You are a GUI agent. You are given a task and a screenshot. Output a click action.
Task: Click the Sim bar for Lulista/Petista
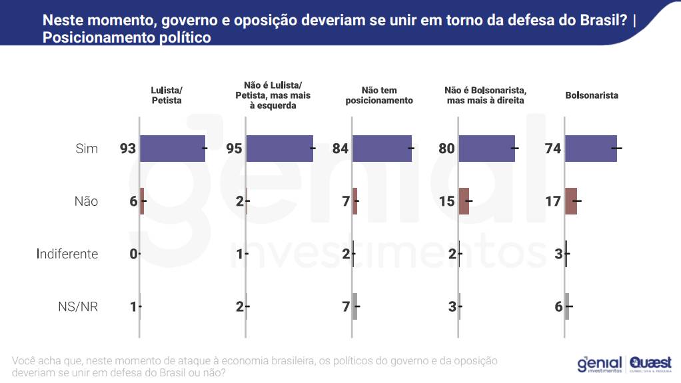tap(173, 148)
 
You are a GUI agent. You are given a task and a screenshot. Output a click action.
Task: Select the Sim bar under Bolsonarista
tap(591, 148)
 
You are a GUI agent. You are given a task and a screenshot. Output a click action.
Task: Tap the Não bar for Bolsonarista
tap(571, 201)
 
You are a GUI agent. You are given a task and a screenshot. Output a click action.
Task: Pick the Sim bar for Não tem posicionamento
tap(382, 148)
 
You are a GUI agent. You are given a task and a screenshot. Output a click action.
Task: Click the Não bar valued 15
tap(464, 201)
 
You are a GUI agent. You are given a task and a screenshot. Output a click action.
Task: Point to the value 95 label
tap(234, 149)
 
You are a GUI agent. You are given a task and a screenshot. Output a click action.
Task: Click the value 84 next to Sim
tap(340, 149)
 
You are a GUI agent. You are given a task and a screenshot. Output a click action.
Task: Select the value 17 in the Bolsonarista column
tap(553, 201)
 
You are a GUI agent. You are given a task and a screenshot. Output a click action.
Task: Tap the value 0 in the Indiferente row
tap(133, 254)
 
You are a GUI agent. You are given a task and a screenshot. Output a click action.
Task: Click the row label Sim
tap(87, 149)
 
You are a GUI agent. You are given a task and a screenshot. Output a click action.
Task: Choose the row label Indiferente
tap(68, 254)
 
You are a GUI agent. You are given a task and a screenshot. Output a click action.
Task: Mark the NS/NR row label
tap(79, 307)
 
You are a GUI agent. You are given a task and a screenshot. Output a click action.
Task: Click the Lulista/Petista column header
tap(167, 95)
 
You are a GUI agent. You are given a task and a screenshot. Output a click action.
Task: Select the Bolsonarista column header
tap(592, 95)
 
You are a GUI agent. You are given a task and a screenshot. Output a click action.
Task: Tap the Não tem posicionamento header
tap(379, 95)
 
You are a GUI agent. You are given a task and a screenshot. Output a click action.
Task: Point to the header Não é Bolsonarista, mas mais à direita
tap(486, 95)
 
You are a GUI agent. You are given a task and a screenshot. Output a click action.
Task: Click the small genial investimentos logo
tap(599, 364)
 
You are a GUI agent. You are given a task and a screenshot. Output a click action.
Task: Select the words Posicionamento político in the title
tap(127, 38)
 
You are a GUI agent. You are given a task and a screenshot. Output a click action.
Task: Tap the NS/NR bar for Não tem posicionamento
tap(354, 307)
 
